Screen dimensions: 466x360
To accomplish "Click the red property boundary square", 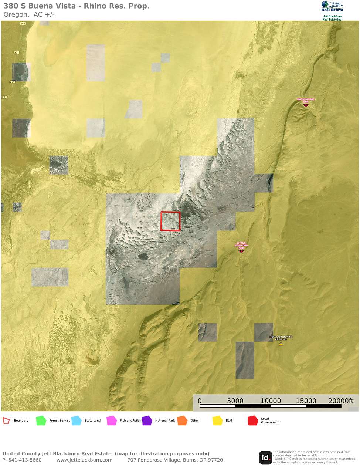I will tap(170, 221).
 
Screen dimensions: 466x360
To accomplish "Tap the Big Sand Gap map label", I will tap(306, 100).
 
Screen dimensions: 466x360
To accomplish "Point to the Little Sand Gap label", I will tap(241, 244).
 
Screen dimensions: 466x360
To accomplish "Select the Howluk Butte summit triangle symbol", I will tap(281, 344).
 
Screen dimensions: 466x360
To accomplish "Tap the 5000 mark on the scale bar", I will tap(235, 401).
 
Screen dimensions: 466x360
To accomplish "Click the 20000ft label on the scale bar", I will tap(341, 401).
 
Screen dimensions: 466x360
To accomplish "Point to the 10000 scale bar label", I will tap(271, 401).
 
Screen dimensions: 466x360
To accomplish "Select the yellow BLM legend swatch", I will tap(217, 421).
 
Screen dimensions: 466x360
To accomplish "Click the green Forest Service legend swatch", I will tap(41, 421).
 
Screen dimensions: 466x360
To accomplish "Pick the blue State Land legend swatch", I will tap(76, 421).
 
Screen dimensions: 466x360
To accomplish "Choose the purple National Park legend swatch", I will tap(147, 421).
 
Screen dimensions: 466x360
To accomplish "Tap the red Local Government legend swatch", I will tap(253, 421).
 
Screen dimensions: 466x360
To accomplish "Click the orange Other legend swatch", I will tap(182, 421).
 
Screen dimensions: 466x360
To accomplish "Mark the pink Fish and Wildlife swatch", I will tap(112, 421).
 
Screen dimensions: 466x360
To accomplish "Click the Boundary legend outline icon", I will tap(6, 421).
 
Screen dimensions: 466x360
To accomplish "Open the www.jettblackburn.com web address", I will tap(84, 460).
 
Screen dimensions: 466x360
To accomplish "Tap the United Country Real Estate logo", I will tap(332, 10).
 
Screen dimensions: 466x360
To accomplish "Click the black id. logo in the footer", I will tap(265, 457).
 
